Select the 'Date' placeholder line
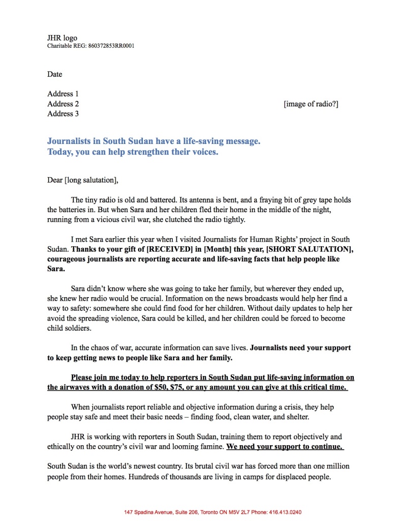click(55, 74)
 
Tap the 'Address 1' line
click(63, 94)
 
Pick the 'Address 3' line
click(63, 113)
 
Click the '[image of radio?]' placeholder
click(311, 104)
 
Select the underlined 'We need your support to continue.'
click(284, 447)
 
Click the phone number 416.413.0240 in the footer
click(289, 512)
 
